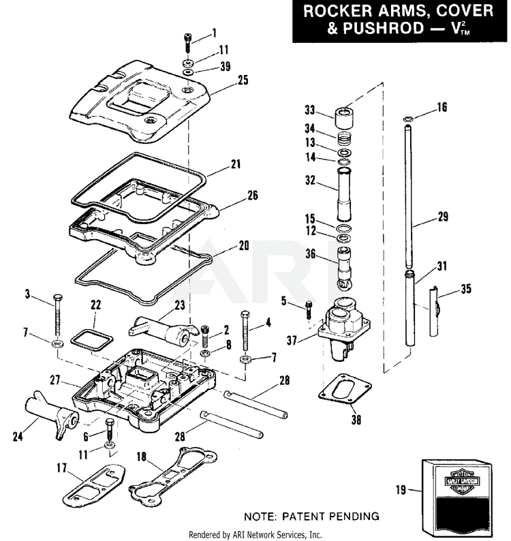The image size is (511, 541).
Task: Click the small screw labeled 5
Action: point(309,308)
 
